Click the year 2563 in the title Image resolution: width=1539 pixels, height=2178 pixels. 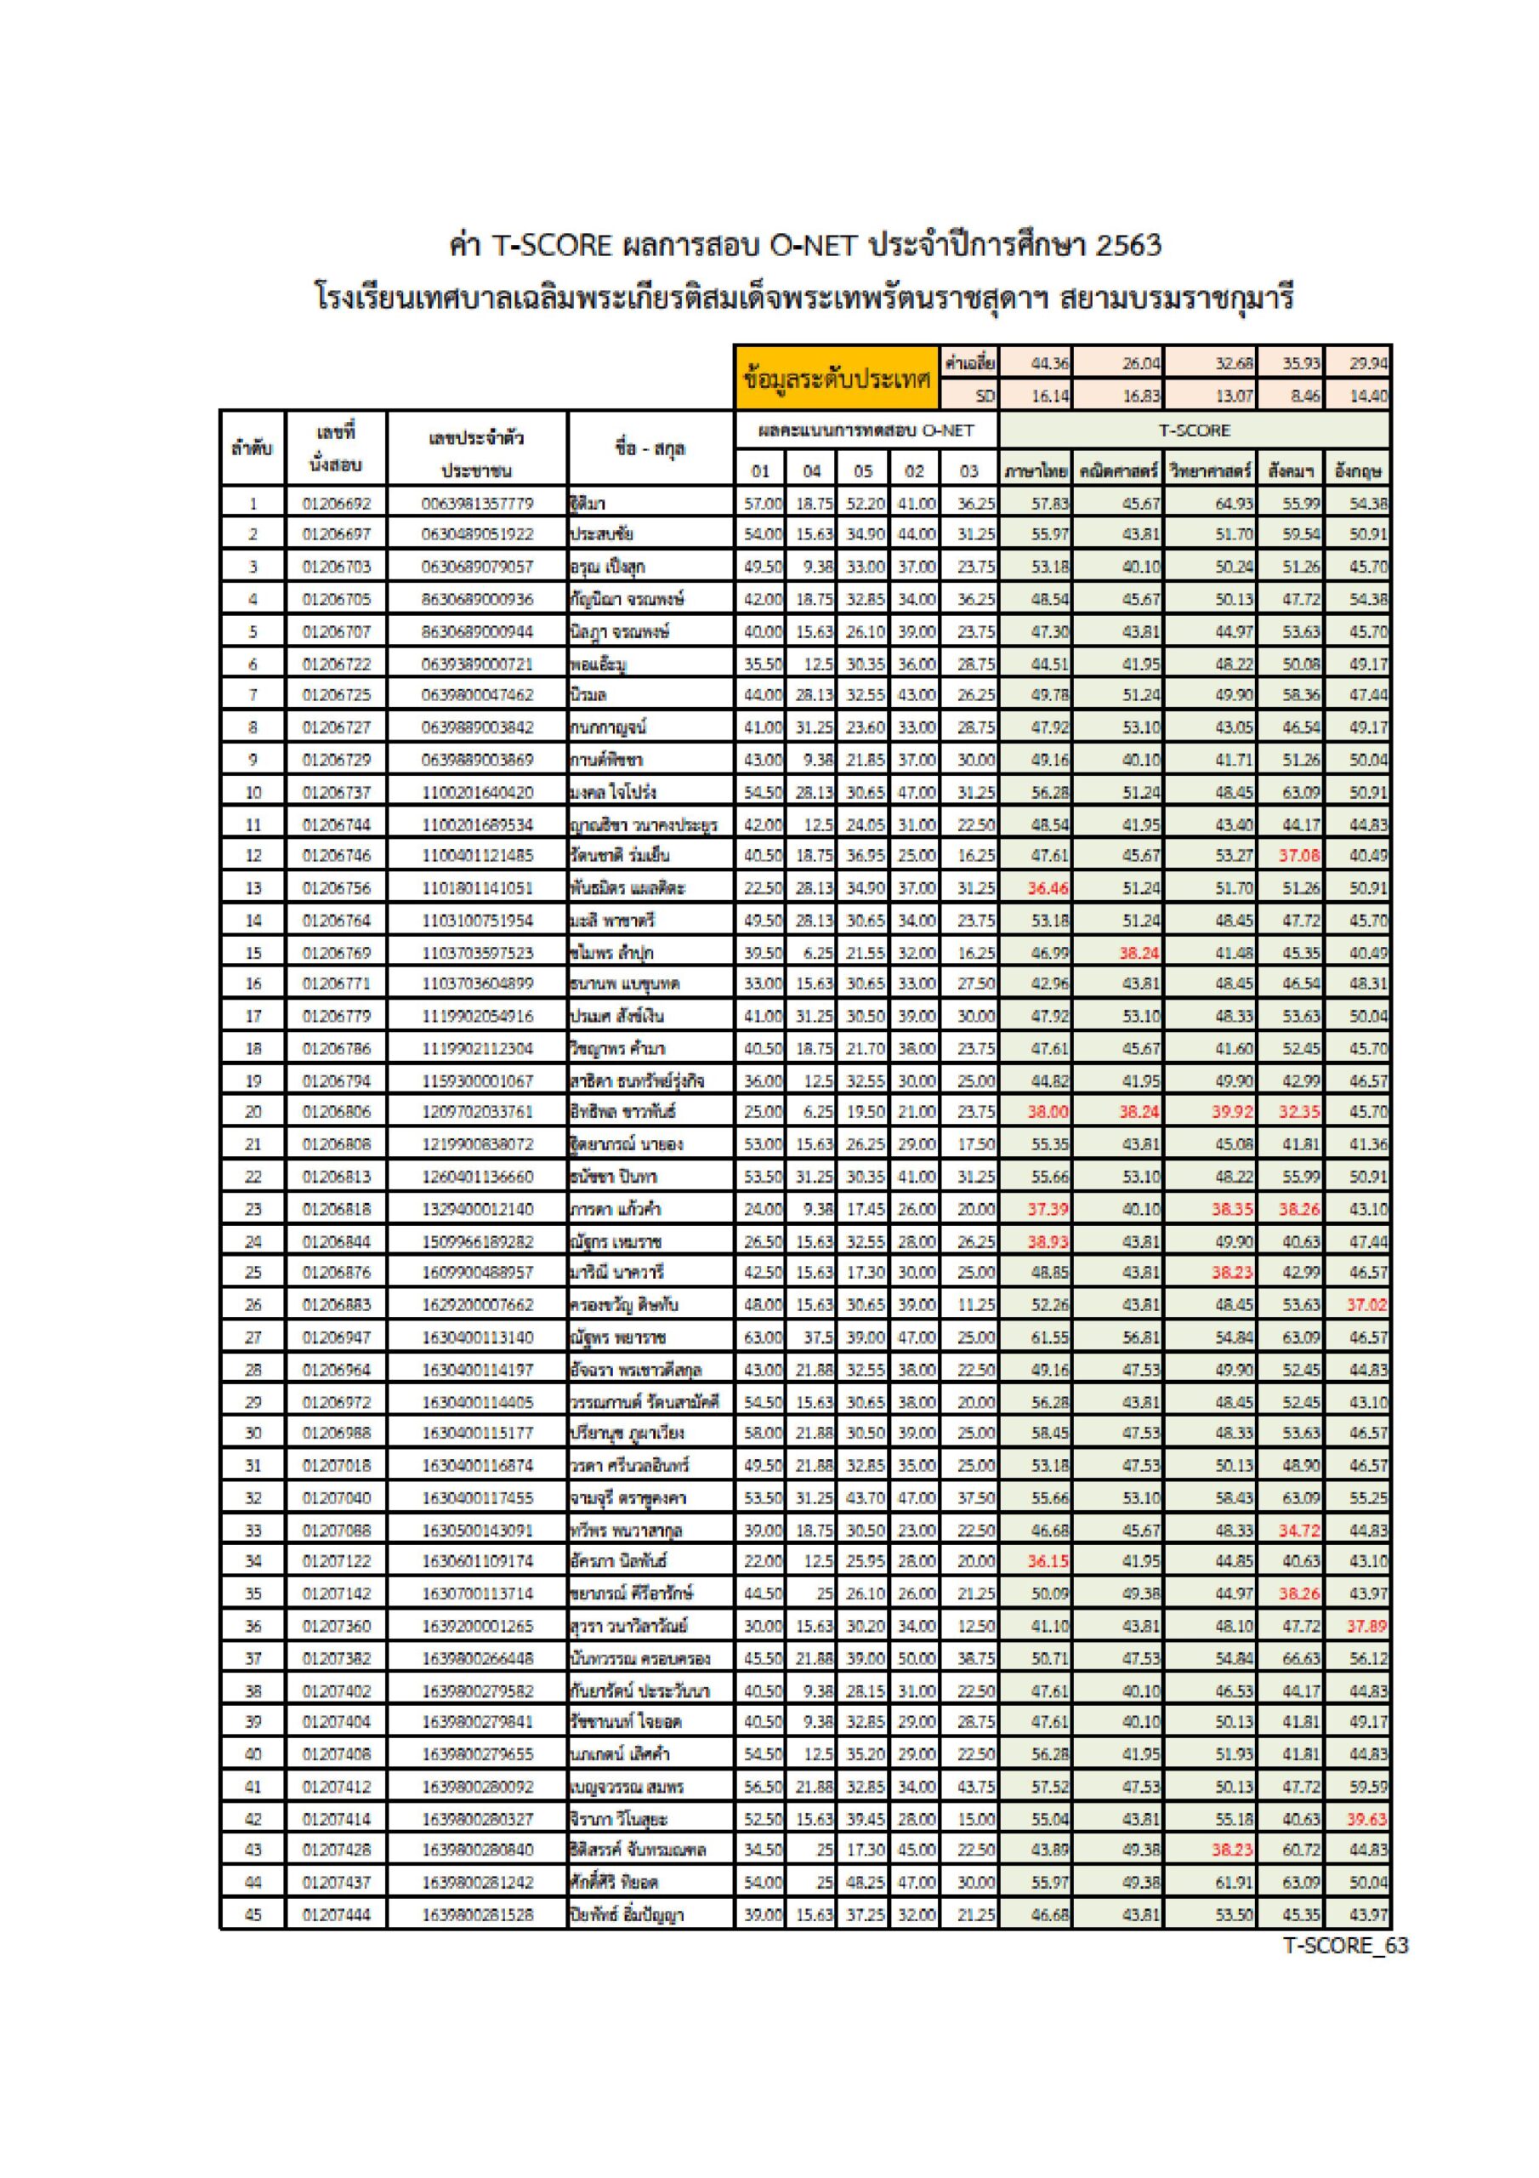click(x=1127, y=246)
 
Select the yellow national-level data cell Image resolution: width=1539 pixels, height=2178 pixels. click(x=838, y=377)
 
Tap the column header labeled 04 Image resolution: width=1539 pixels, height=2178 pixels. click(x=811, y=470)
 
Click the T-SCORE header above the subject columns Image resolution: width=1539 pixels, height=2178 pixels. click(x=1194, y=430)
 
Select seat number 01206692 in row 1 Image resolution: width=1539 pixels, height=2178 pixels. click(x=337, y=503)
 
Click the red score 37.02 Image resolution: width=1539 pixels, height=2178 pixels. click(x=1366, y=1304)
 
